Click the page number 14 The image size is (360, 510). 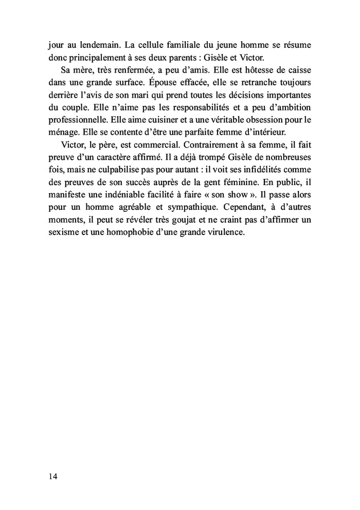pyautogui.click(x=53, y=476)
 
